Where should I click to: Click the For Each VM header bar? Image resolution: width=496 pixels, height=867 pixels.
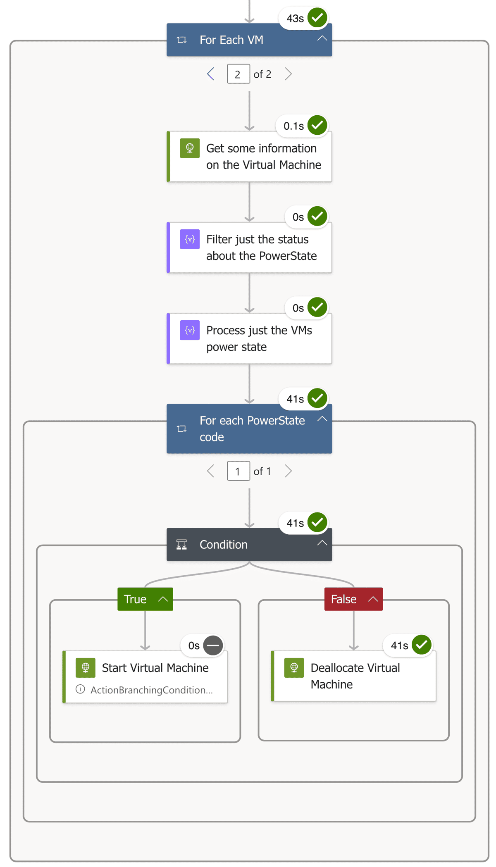coord(249,40)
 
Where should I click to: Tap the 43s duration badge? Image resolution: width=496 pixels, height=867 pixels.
coord(295,19)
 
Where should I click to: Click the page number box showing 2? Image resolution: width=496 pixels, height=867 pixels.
coord(238,74)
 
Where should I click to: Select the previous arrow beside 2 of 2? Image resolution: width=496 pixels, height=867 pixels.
coord(211,74)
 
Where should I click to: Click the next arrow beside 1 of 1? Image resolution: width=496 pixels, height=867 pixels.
coord(288,471)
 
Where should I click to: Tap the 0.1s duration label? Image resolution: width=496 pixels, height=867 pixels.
coord(293,126)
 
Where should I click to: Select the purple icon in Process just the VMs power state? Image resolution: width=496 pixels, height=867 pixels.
coord(190,330)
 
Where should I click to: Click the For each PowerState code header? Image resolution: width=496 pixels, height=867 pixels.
coord(249,429)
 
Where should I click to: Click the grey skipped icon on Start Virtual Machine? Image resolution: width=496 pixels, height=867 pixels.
coord(213,645)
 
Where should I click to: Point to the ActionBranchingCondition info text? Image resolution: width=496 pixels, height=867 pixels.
coord(151,690)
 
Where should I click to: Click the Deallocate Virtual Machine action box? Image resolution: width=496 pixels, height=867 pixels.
coord(355,676)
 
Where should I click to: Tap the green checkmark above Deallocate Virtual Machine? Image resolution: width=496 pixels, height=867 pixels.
coord(422,645)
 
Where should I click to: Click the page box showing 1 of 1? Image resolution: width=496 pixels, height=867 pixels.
coord(238,471)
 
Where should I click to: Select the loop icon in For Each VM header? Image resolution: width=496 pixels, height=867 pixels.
coord(181,40)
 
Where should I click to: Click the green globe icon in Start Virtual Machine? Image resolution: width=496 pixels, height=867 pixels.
coord(86,667)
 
